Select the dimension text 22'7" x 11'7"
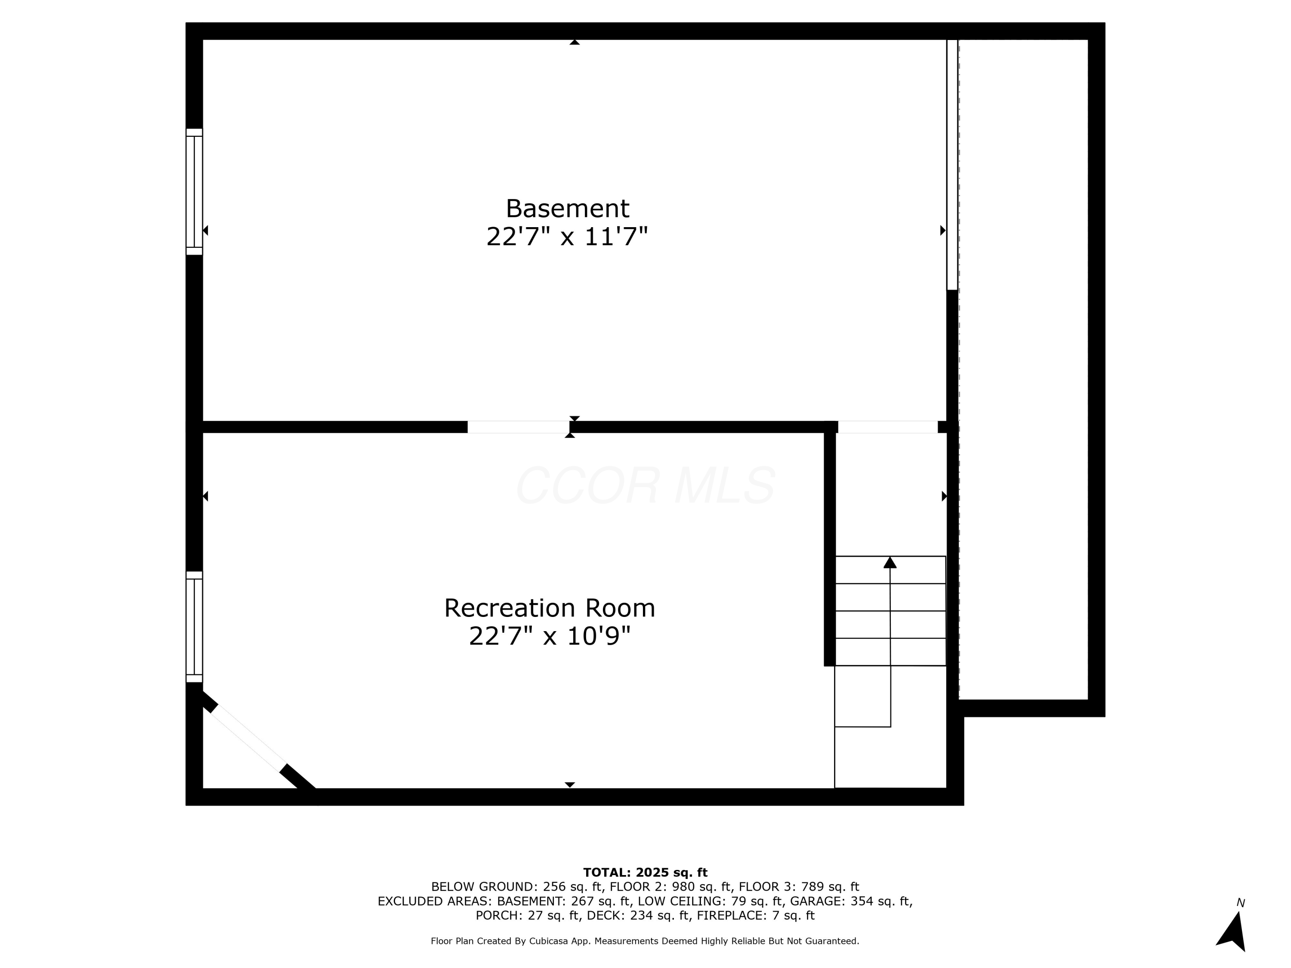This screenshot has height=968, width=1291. [x=567, y=237]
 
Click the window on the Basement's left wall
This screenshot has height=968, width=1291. [x=195, y=191]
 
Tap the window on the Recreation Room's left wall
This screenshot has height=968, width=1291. [x=195, y=627]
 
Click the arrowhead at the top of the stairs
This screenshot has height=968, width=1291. [x=889, y=562]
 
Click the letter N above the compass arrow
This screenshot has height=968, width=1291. [x=1241, y=903]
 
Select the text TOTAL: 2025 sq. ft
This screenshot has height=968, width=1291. [x=645, y=872]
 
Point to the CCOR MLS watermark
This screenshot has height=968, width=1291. [x=645, y=485]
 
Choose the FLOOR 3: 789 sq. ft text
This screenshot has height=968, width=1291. [x=798, y=887]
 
